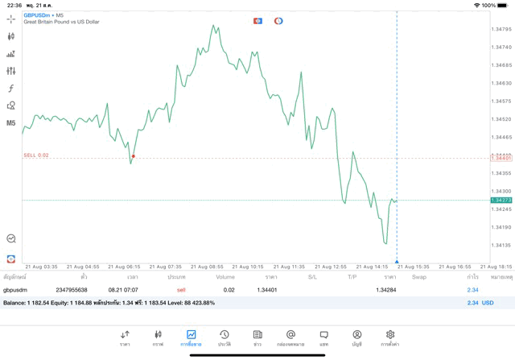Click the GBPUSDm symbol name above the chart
[x=37, y=15]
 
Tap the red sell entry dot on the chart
[x=134, y=156]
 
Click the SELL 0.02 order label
[x=36, y=155]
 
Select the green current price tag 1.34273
[x=501, y=200]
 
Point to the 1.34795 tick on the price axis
[x=501, y=29]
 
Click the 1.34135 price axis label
[x=501, y=245]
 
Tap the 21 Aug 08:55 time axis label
[x=208, y=267]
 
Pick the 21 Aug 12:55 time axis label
[x=332, y=267]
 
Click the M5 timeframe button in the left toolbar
[x=10, y=123]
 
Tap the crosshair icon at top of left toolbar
[x=10, y=19]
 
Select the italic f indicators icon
[x=10, y=89]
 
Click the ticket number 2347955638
[x=72, y=290]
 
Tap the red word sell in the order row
[x=181, y=290]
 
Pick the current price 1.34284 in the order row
[x=385, y=290]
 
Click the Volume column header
[x=225, y=277]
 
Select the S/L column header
[x=312, y=277]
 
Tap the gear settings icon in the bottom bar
[x=390, y=334]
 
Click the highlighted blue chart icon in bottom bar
[x=191, y=334]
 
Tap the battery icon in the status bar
[x=502, y=5]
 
